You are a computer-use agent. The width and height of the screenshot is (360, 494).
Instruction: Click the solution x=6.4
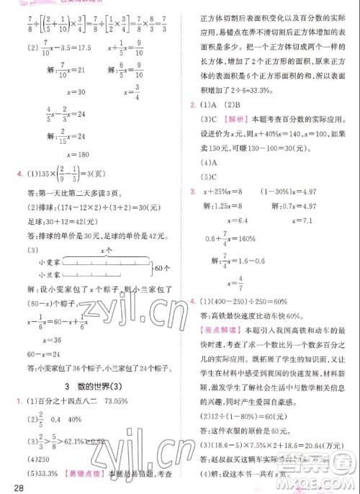pyautogui.click(x=238, y=220)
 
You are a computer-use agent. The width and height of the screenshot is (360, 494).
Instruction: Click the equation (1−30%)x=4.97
pyautogui.click(x=307, y=191)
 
